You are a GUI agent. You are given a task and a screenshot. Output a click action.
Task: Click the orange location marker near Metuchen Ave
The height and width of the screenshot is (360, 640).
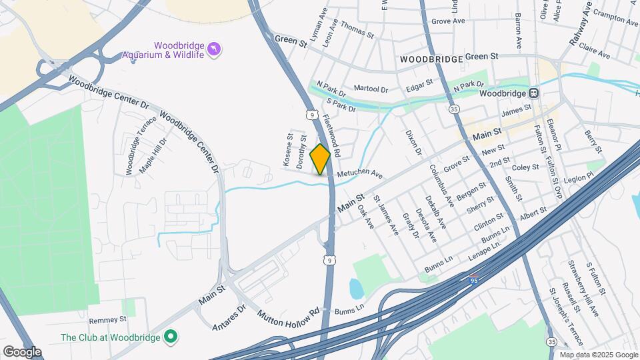pyautogui.click(x=320, y=159)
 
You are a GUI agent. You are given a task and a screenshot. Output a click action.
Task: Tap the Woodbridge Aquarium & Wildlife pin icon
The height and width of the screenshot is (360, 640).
pyautogui.click(x=214, y=49)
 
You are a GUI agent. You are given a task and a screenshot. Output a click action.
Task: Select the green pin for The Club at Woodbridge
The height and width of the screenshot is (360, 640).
pyautogui.click(x=170, y=337)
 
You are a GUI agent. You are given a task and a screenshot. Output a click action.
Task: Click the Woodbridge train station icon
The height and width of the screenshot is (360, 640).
pyautogui.click(x=534, y=93)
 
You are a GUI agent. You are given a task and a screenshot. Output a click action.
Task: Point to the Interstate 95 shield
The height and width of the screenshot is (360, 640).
pyautogui.click(x=474, y=280)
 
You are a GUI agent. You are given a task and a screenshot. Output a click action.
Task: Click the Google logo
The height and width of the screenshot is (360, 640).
pyautogui.click(x=22, y=351)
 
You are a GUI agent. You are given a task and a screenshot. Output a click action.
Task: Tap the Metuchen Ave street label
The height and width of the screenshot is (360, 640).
pyautogui.click(x=359, y=175)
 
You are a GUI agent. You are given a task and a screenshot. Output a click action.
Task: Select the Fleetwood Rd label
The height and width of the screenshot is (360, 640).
pyautogui.click(x=331, y=135)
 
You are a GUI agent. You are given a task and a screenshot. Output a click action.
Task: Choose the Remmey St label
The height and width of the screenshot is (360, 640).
pyautogui.click(x=107, y=320)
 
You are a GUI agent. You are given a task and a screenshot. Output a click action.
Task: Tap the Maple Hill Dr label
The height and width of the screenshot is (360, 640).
pyautogui.click(x=152, y=155)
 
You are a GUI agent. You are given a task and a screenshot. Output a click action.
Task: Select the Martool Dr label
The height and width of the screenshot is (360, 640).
pyautogui.click(x=371, y=89)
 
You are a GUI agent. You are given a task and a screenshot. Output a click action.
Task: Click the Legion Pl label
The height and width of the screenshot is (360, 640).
pyautogui.click(x=577, y=178)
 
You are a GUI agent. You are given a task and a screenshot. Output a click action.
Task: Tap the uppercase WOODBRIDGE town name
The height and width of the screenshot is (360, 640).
pyautogui.click(x=431, y=59)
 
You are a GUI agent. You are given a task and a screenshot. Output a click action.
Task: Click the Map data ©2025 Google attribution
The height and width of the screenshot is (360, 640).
pyautogui.click(x=599, y=355)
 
